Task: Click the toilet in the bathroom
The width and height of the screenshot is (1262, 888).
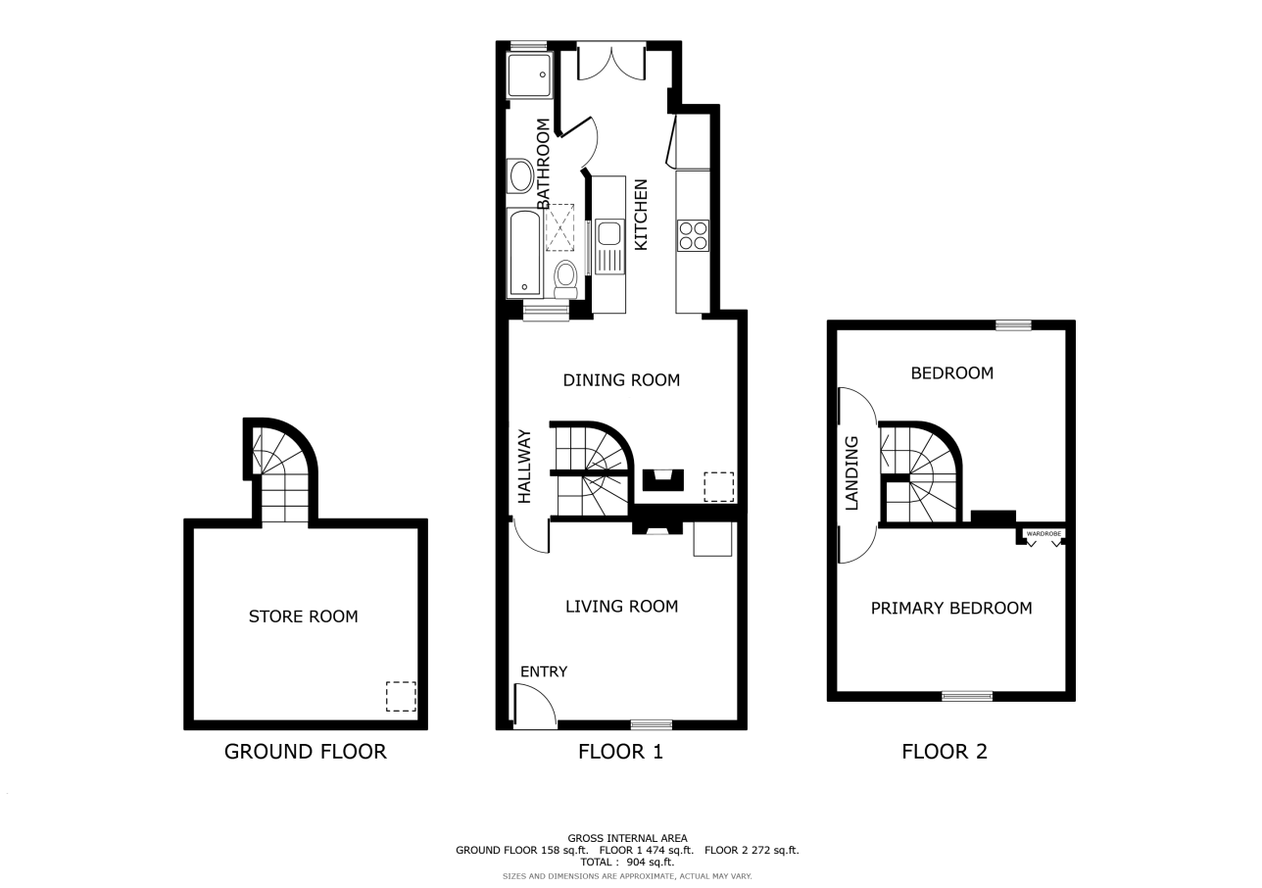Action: (565, 279)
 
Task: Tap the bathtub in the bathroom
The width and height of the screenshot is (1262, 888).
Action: (525, 253)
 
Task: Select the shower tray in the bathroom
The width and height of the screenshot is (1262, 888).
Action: (529, 74)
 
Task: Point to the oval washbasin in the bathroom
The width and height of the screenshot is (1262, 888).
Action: (521, 175)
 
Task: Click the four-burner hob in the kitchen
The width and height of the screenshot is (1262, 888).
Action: (693, 235)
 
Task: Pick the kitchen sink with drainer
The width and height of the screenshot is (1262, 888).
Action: (609, 246)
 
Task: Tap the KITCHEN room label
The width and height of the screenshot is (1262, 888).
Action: (641, 215)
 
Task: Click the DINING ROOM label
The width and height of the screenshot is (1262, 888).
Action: (621, 380)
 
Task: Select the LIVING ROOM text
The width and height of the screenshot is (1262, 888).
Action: (621, 607)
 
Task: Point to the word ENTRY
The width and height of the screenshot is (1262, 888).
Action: (544, 671)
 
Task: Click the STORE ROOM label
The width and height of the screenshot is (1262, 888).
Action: (303, 617)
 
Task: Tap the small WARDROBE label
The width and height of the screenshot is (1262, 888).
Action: (1044, 533)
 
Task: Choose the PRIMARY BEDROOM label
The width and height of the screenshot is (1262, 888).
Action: (951, 608)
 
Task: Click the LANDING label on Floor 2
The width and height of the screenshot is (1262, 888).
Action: (851, 473)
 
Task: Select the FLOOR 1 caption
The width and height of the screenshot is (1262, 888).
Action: (620, 752)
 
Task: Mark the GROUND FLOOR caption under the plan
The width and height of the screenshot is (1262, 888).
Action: (306, 752)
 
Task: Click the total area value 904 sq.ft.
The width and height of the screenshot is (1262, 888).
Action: (651, 862)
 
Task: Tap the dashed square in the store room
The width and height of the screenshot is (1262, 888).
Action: (401, 697)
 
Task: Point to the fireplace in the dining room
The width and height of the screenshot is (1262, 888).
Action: (663, 479)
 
